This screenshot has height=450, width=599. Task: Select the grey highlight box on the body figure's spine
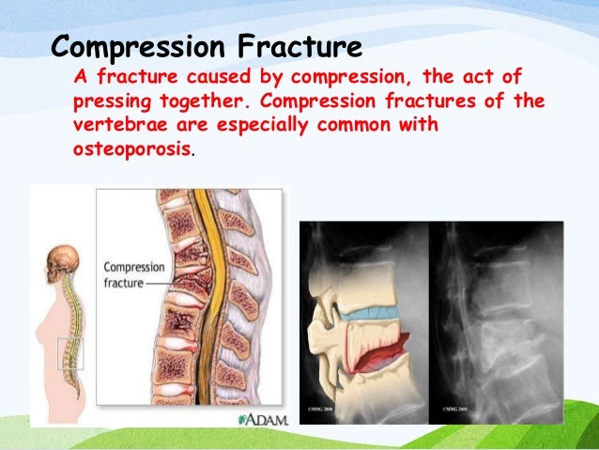71,354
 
